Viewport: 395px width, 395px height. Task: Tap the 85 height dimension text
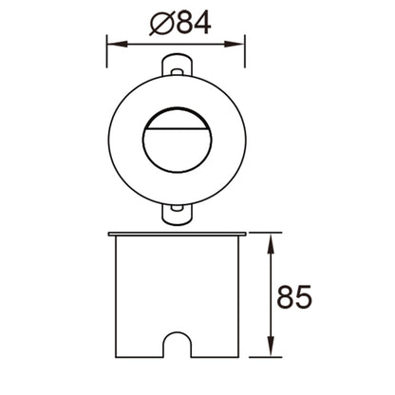[294, 297]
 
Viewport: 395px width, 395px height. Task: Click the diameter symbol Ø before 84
[161, 24]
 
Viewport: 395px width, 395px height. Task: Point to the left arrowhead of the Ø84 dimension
[118, 45]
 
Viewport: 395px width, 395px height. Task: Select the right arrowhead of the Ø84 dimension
[235, 45]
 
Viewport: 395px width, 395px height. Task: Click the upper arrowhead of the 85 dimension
[271, 244]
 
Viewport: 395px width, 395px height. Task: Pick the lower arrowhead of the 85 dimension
[271, 346]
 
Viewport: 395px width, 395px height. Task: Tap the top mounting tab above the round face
[178, 65]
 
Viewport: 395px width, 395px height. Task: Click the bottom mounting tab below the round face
[178, 215]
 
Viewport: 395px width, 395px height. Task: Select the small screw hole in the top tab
[178, 71]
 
